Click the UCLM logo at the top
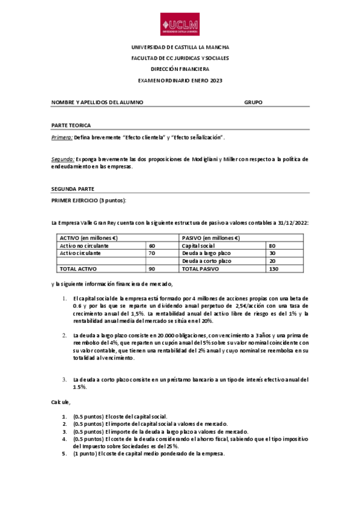(x=180, y=26)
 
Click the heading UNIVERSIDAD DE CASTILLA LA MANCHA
(x=180, y=48)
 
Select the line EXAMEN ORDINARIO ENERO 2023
(x=180, y=80)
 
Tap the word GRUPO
(x=253, y=102)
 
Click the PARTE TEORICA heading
(x=71, y=126)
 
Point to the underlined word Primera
(x=62, y=138)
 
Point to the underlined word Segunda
(x=63, y=159)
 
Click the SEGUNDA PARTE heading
(x=73, y=188)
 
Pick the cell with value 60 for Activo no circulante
(x=152, y=246)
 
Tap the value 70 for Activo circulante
(x=152, y=253)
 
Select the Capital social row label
(x=198, y=246)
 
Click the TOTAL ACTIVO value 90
(x=152, y=269)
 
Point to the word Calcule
(x=61, y=402)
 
